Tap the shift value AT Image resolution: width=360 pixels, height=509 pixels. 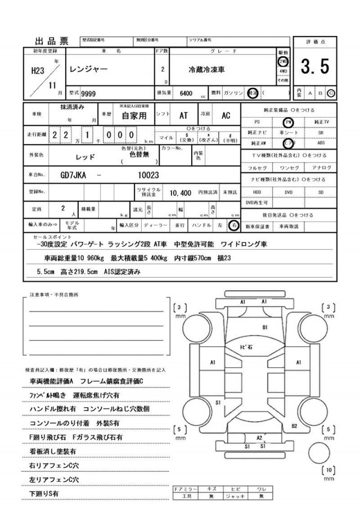(x=183, y=115)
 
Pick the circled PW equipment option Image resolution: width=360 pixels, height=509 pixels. (x=289, y=121)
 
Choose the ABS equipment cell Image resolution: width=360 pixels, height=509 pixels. (x=321, y=143)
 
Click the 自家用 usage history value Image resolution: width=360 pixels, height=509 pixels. (x=134, y=116)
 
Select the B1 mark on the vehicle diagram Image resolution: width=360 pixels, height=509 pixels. (x=265, y=327)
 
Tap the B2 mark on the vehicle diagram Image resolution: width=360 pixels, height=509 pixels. (x=294, y=426)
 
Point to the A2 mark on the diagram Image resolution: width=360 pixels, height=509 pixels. (x=259, y=437)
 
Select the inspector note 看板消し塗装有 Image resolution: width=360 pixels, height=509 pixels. (x=53, y=451)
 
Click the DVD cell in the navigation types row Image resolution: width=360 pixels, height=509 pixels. (x=289, y=192)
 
